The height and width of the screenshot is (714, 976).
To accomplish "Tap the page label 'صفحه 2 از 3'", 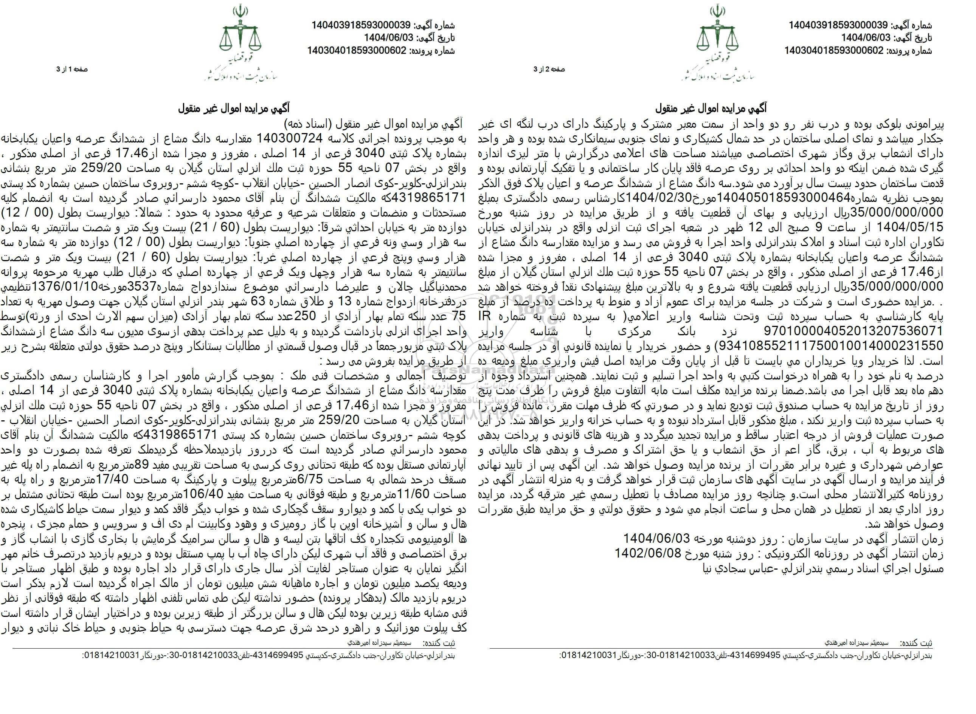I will click(549, 69).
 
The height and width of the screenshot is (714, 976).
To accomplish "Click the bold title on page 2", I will click(711, 107).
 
